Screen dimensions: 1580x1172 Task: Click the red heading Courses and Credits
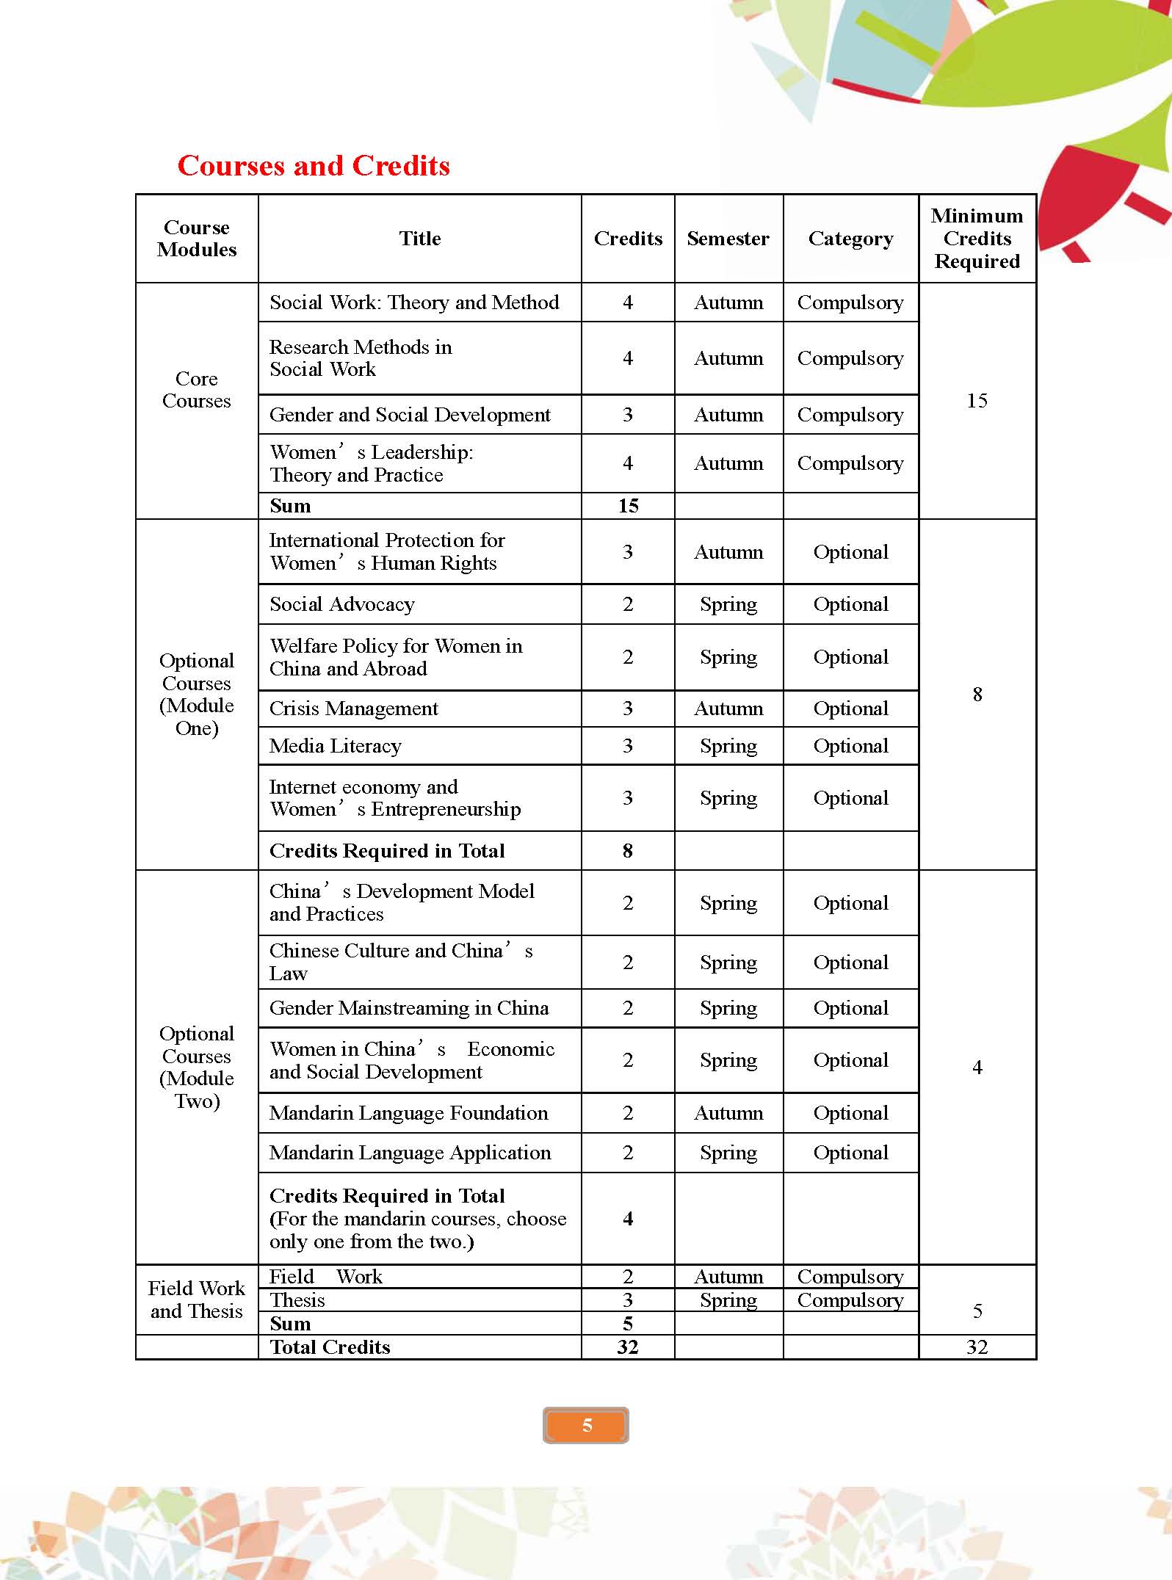[314, 166]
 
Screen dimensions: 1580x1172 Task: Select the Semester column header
[728, 239]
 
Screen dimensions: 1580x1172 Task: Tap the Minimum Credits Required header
[977, 239]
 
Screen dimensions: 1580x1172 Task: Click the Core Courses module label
[197, 390]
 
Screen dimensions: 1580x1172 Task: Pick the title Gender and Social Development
[410, 415]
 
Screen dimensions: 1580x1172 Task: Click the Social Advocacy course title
[342, 604]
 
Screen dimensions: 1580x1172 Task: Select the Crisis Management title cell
[354, 709]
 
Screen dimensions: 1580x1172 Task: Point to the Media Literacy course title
[336, 746]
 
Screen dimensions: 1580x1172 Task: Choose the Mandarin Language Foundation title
[408, 1113]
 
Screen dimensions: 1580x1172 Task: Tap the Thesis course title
[297, 1300]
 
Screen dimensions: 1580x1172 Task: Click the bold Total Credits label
[330, 1347]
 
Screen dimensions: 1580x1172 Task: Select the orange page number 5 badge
[586, 1426]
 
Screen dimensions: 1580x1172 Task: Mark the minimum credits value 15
[977, 401]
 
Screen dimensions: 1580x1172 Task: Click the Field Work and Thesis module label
[197, 1300]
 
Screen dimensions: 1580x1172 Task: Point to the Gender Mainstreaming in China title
[409, 1008]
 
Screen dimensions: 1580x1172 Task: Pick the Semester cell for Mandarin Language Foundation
[728, 1113]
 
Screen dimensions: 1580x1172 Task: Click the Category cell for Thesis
[850, 1300]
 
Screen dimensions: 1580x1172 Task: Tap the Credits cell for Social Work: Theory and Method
[628, 302]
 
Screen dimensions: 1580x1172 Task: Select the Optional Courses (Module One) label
[197, 695]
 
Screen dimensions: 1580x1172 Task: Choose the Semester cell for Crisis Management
[728, 709]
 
